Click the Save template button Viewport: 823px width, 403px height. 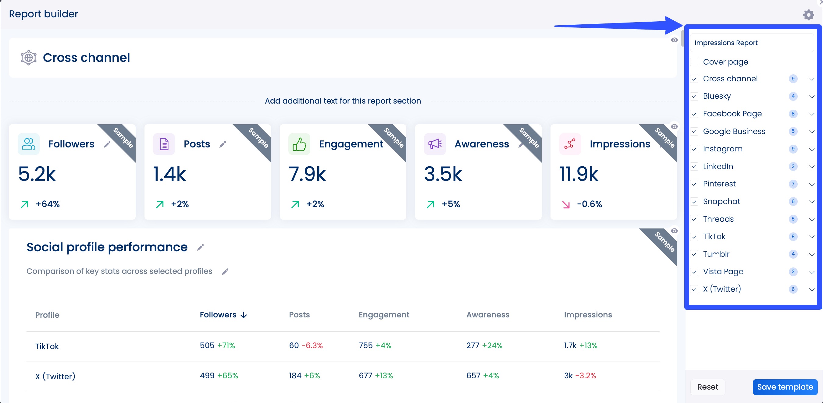click(x=785, y=387)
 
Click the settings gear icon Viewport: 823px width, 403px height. click(x=808, y=15)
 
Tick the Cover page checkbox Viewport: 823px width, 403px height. click(x=694, y=62)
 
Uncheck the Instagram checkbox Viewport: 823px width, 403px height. click(x=694, y=149)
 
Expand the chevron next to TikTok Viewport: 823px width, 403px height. click(x=811, y=237)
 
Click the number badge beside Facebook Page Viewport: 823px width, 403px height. click(x=793, y=114)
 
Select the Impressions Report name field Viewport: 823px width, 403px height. click(x=751, y=43)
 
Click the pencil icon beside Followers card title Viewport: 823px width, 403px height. click(x=107, y=144)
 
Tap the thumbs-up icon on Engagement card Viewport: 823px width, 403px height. click(x=299, y=144)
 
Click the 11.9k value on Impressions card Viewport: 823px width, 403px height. click(x=579, y=174)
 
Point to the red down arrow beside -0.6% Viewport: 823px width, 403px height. click(x=566, y=204)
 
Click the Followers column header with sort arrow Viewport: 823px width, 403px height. click(x=223, y=315)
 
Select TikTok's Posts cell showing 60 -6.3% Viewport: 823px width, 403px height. click(x=305, y=345)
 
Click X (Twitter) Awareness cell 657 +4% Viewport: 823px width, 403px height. click(x=482, y=376)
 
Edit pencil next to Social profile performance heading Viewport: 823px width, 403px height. click(x=200, y=247)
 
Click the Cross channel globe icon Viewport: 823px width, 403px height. click(x=28, y=58)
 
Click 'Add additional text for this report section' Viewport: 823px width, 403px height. click(x=343, y=101)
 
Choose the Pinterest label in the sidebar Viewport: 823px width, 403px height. click(x=719, y=184)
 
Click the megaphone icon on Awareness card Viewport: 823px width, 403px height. click(x=434, y=144)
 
